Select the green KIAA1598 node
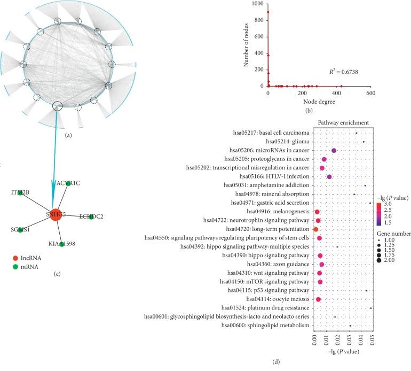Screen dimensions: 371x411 tap(62, 244)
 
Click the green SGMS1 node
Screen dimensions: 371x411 tap(20, 230)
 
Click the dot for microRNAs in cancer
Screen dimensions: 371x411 tap(334, 151)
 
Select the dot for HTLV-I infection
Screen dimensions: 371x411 tap(329, 177)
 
